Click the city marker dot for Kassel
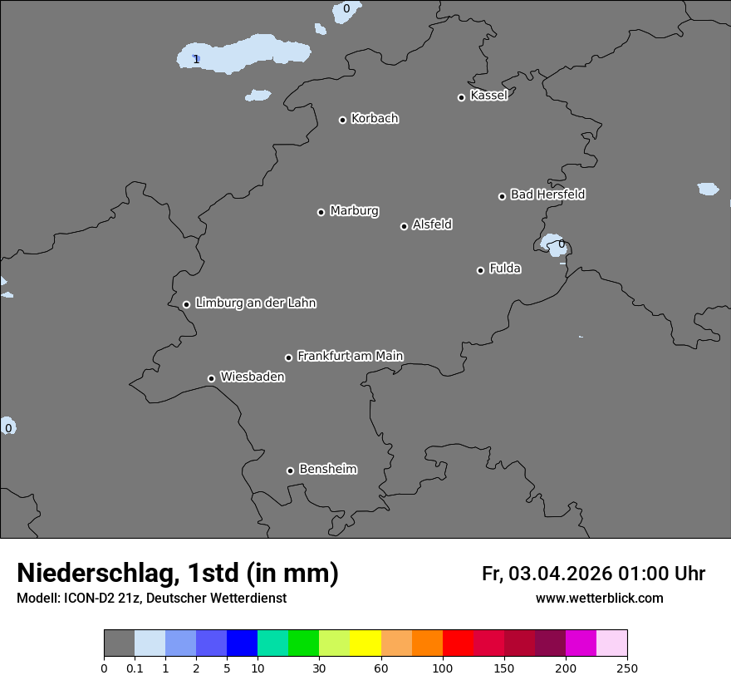tap(461, 97)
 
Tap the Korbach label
tap(375, 119)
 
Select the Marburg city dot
tap(321, 212)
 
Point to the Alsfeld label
tap(432, 224)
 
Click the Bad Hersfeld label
tap(547, 195)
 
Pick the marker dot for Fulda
tap(480, 270)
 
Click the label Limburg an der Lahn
tap(255, 303)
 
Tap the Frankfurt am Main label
tap(350, 356)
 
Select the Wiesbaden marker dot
tap(211, 378)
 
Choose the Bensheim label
tap(327, 469)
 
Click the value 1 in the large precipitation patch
tap(196, 59)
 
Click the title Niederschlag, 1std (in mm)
tap(178, 573)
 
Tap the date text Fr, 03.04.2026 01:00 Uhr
tap(593, 574)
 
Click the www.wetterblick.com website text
tap(599, 598)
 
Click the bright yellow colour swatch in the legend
tap(365, 643)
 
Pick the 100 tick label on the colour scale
tap(443, 667)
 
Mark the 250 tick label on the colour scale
tap(627, 667)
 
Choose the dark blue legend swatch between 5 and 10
tap(242, 643)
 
